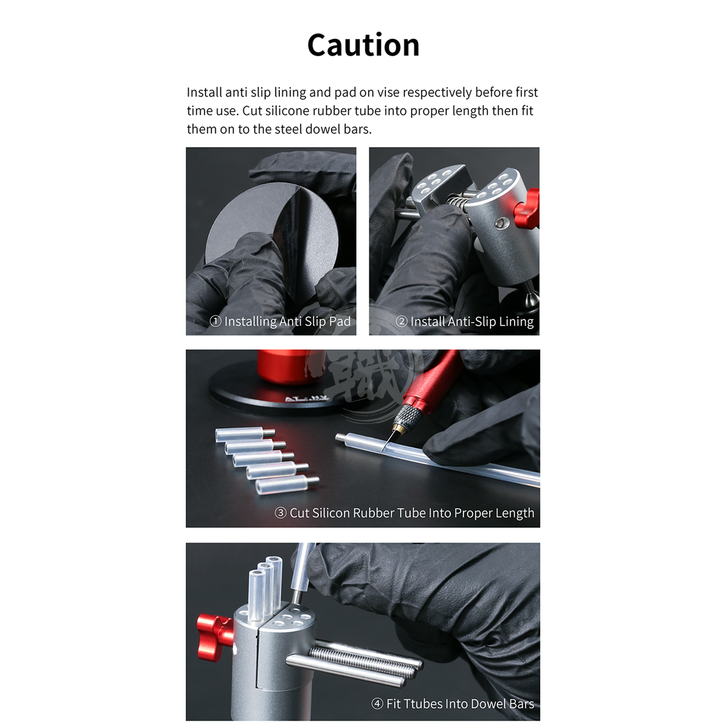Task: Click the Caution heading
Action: (x=363, y=45)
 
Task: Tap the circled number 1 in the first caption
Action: (x=215, y=321)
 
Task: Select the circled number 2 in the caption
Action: (x=401, y=321)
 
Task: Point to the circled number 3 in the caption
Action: (x=280, y=513)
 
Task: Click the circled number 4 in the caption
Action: (x=377, y=704)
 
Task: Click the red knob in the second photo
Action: (x=527, y=209)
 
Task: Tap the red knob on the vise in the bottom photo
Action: (x=214, y=637)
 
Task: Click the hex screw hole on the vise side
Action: (x=501, y=223)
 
